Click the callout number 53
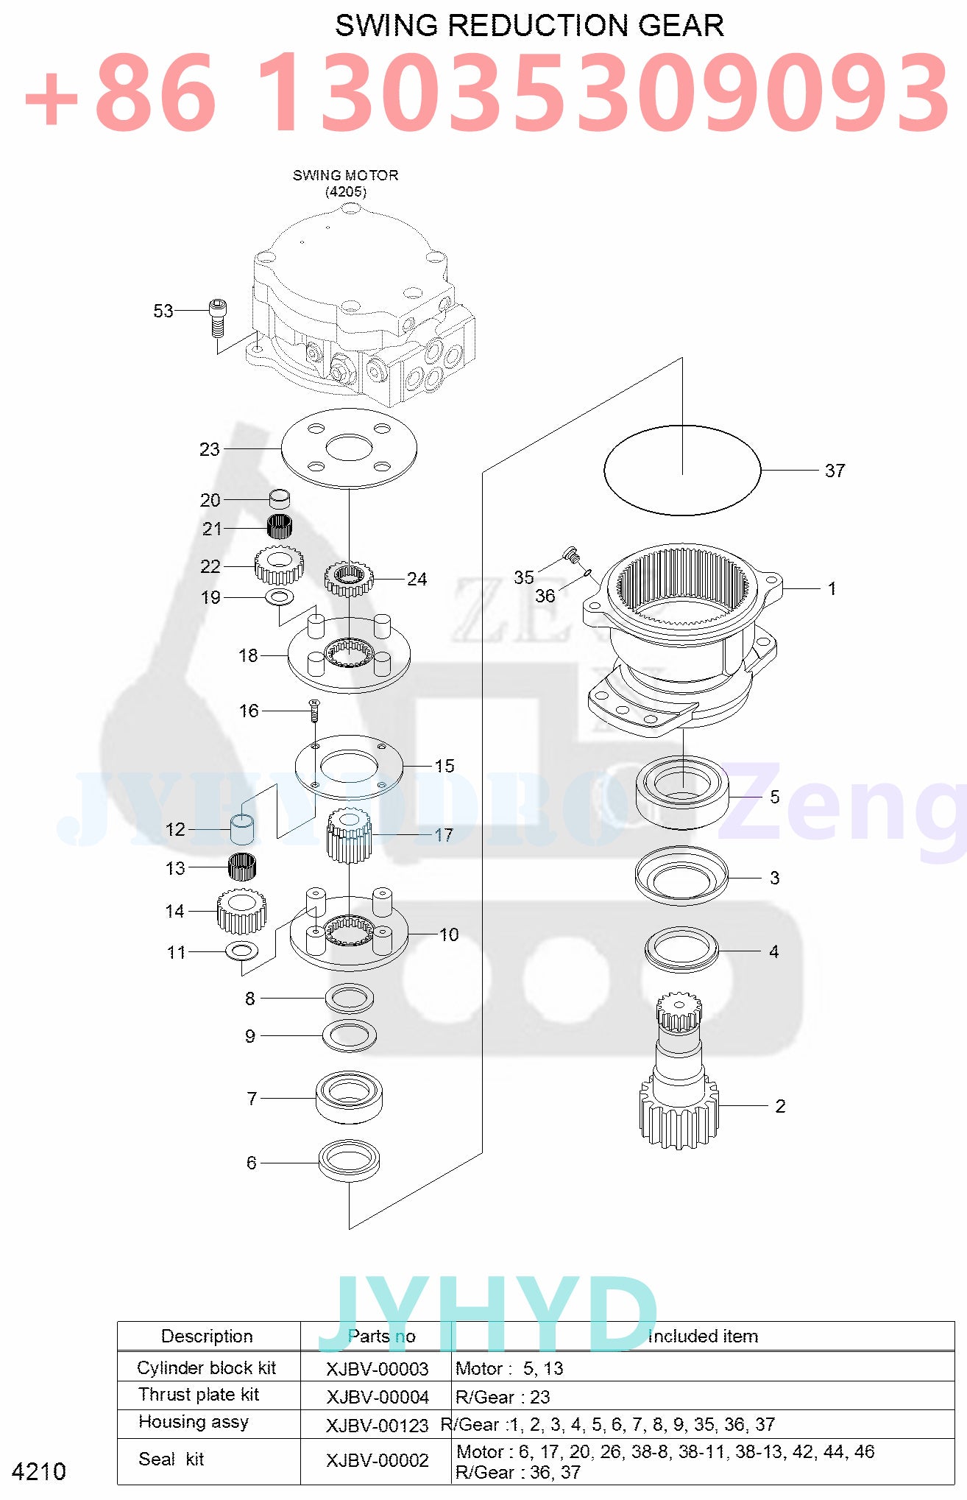(x=163, y=311)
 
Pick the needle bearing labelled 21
(x=279, y=527)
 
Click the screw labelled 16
(x=314, y=710)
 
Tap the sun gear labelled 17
(x=349, y=835)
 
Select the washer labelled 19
(x=279, y=596)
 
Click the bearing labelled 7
(x=350, y=1096)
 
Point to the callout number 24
(x=417, y=579)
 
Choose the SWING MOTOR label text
(x=345, y=175)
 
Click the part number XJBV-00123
(x=377, y=1426)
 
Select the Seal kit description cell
(x=171, y=1459)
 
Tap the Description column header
(x=207, y=1336)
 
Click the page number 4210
(x=39, y=1471)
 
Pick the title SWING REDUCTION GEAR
(x=529, y=26)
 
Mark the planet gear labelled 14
(x=241, y=911)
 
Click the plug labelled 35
(x=571, y=553)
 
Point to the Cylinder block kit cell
(x=206, y=1367)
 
